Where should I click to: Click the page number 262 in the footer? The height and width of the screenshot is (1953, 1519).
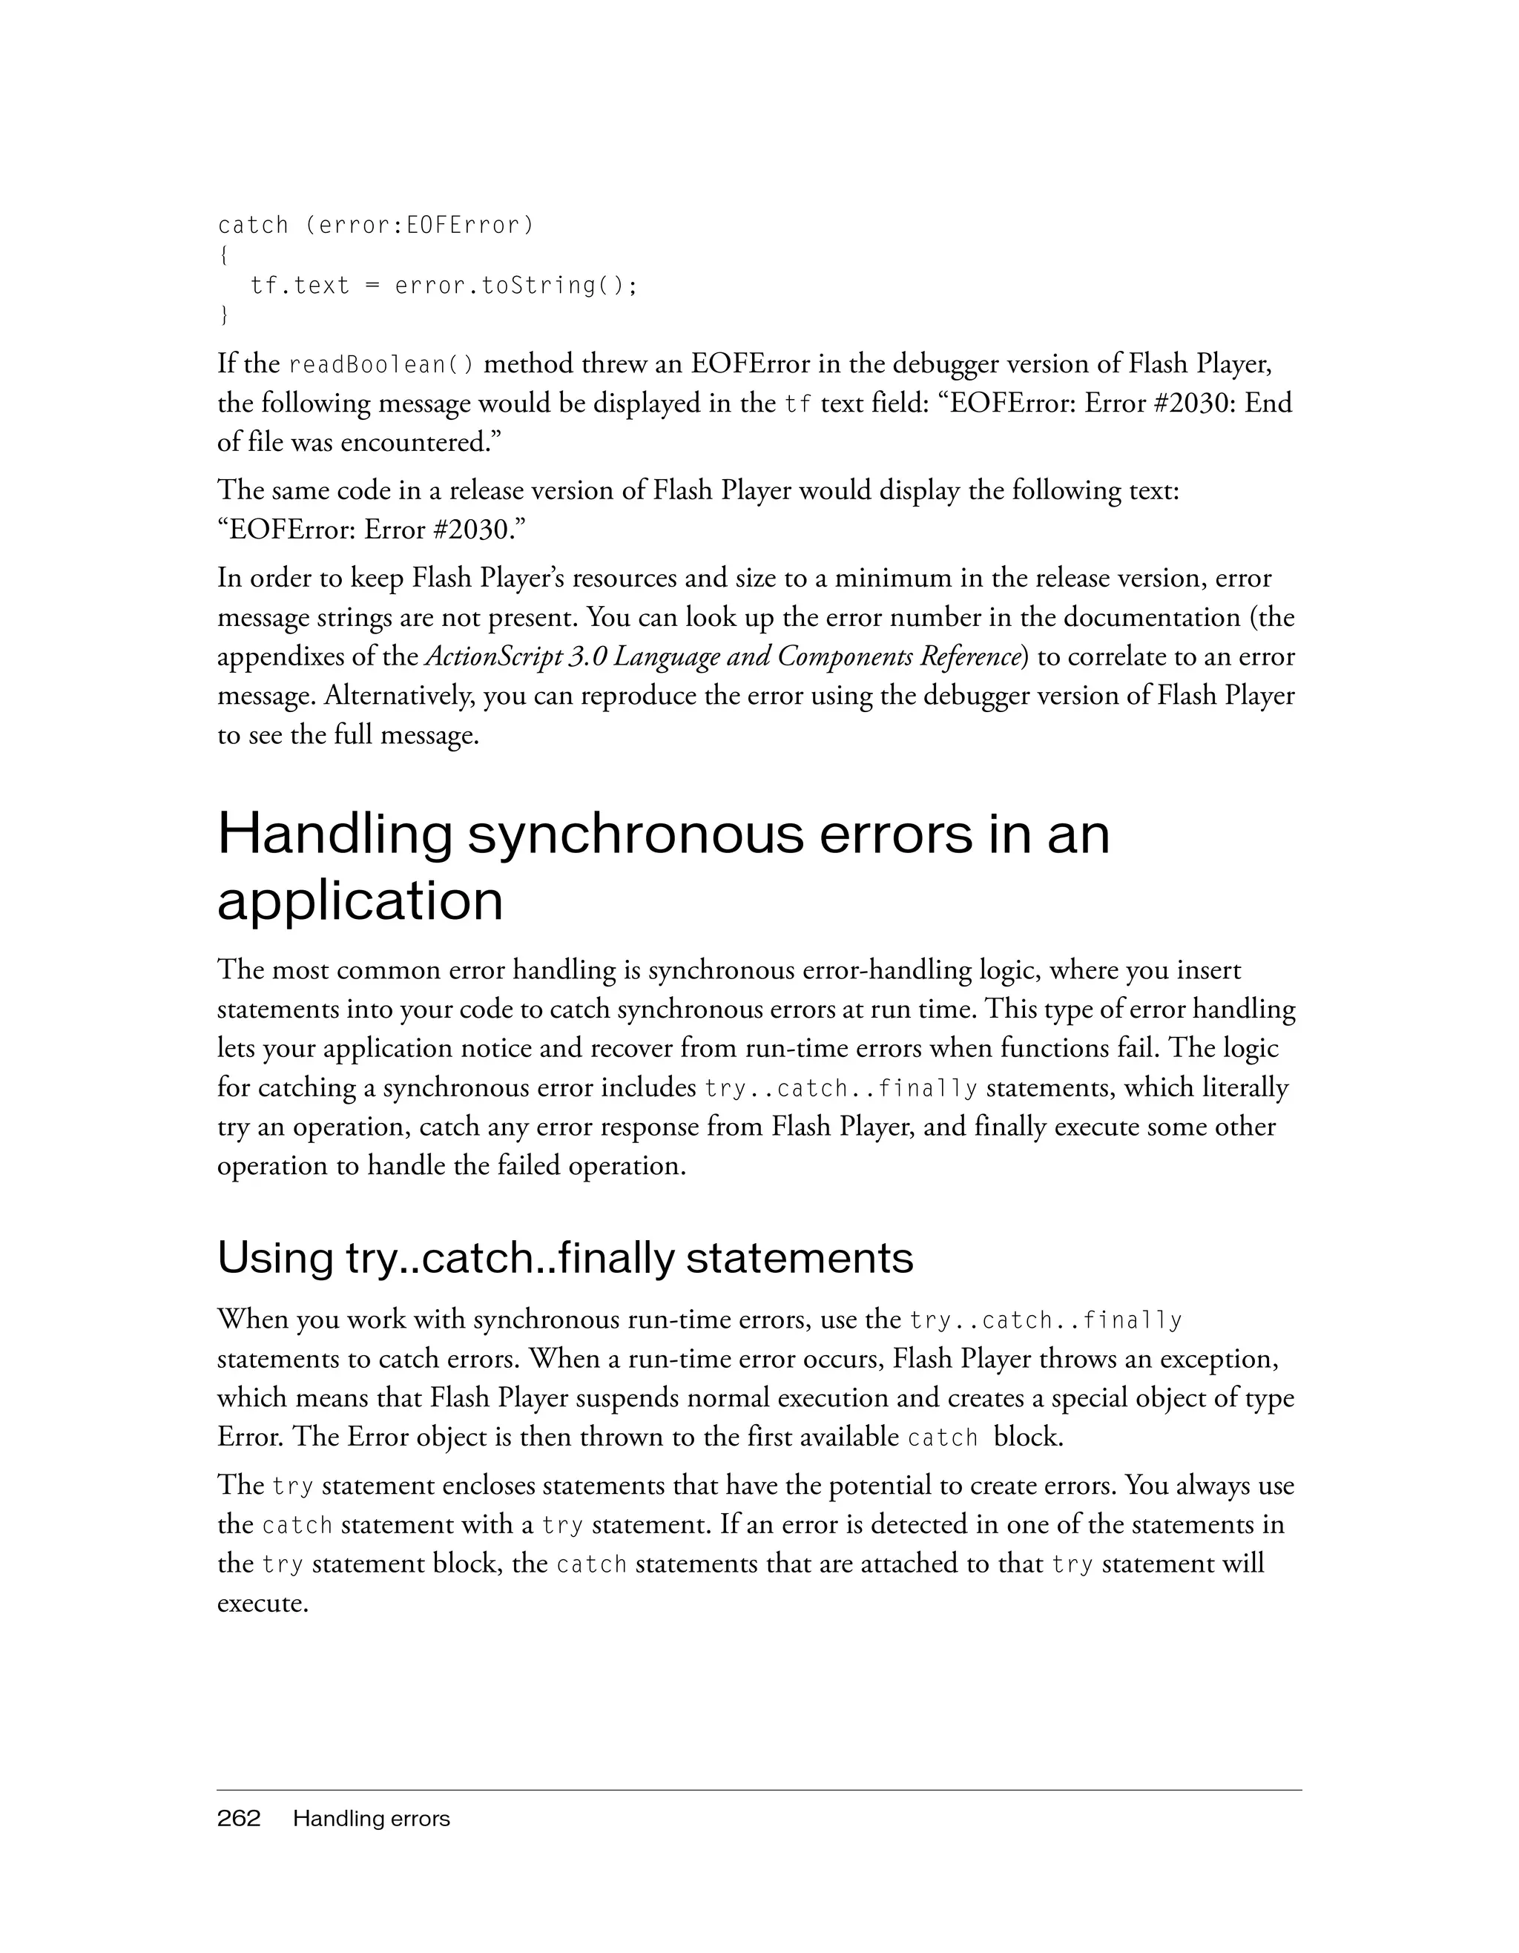pyautogui.click(x=239, y=1818)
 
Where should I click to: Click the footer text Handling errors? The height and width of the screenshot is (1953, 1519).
pyautogui.click(x=371, y=1818)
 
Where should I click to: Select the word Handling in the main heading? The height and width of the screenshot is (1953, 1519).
pyautogui.click(x=335, y=834)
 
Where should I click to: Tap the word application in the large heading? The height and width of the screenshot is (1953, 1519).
pyautogui.click(x=360, y=900)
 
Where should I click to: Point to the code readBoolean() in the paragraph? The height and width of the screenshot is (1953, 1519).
pyautogui.click(x=382, y=366)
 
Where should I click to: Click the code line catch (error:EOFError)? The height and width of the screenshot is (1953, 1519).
pyautogui.click(x=375, y=225)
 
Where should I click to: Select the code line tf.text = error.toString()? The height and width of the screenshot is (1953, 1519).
pyautogui.click(x=444, y=286)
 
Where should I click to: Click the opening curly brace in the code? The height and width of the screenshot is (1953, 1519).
pyautogui.click(x=223, y=256)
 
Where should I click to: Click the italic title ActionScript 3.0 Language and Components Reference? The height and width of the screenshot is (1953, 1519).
pyautogui.click(x=722, y=657)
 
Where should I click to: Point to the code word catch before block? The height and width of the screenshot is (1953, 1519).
pyautogui.click(x=943, y=1439)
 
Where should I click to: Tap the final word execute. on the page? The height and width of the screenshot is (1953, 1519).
pyautogui.click(x=263, y=1604)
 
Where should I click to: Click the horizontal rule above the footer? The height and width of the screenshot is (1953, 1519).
pyautogui.click(x=759, y=1791)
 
